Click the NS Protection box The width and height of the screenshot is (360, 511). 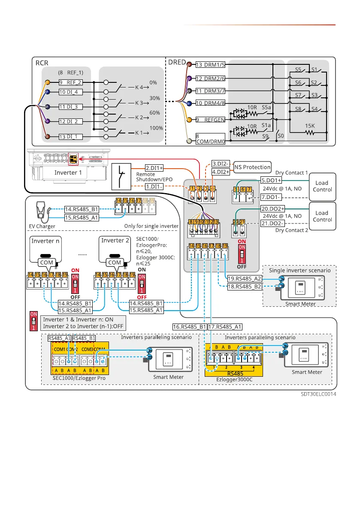tap(253, 167)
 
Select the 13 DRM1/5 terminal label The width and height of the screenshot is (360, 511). tap(210, 65)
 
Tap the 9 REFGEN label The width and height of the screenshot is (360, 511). tap(210, 120)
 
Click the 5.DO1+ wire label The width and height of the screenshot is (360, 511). tap(271, 180)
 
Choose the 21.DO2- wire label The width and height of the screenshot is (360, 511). tap(271, 224)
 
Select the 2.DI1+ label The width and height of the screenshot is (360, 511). tap(154, 168)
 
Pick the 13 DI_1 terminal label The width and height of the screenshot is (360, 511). tap(70, 136)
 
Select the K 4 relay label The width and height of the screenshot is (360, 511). tap(140, 87)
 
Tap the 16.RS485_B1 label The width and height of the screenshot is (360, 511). tap(190, 327)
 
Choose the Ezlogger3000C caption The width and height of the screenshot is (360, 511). tap(234, 380)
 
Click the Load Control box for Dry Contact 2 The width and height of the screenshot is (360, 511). tap(322, 216)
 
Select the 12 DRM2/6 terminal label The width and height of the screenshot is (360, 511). tap(210, 79)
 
